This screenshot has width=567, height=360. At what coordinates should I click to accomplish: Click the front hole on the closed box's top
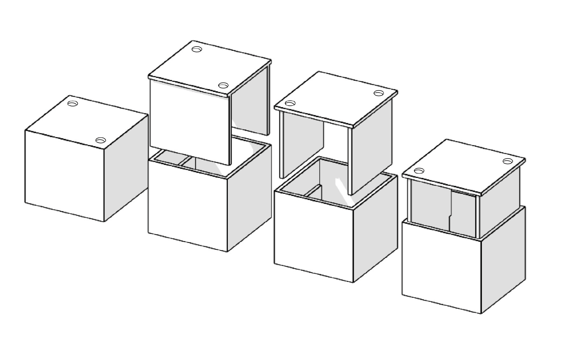101,140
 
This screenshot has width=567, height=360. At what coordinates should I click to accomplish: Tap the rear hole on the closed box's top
73,104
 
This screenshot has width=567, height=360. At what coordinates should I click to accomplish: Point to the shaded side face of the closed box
126,166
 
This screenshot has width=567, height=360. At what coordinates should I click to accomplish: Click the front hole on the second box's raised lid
223,85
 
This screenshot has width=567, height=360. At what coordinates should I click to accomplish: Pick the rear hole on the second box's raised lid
197,49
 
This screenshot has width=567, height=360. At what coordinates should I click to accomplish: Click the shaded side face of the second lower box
249,197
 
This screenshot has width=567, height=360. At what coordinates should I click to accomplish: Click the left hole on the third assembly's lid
290,103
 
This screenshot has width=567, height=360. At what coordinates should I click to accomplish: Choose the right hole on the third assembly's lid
379,93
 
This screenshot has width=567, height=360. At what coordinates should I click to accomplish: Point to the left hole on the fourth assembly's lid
419,171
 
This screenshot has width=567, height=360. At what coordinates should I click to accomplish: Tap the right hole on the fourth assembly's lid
508,161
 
